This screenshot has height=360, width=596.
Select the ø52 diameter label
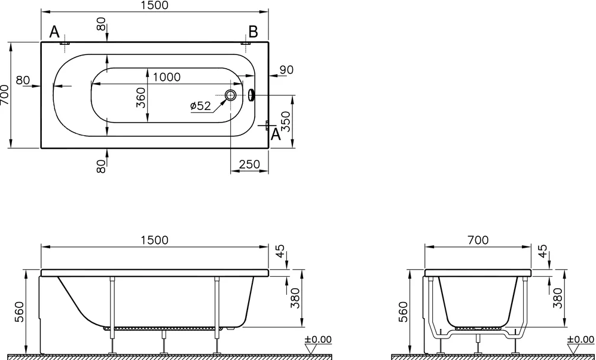coord(200,106)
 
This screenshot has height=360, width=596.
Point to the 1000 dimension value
coord(167,77)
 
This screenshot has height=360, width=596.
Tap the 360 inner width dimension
coord(140,97)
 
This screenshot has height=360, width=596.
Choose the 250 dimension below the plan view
coord(249,164)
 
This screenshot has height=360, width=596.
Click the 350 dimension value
coord(286,121)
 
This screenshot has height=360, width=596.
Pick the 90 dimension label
coord(286,70)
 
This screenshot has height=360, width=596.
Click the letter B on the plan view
coord(253,32)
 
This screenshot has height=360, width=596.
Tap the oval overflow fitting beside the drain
coord(251,95)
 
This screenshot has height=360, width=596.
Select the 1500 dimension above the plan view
coord(154,5)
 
